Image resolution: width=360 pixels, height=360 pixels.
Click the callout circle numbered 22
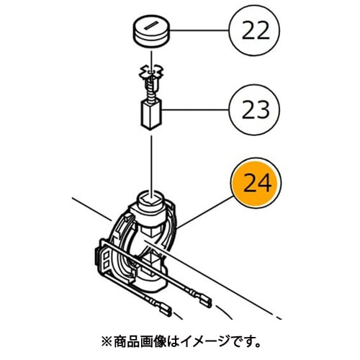[x=254, y=31]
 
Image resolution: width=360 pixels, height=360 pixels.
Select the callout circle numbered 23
[x=254, y=109]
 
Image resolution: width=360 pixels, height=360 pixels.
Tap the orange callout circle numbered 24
[x=256, y=184]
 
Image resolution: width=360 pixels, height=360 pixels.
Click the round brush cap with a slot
[x=151, y=33]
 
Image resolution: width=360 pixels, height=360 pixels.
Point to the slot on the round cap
[x=151, y=26]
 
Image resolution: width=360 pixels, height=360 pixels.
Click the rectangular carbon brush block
[x=151, y=115]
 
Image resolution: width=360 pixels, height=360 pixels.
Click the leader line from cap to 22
[x=199, y=30]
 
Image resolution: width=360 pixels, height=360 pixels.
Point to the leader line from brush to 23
[x=196, y=109]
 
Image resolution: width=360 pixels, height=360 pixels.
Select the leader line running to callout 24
[x=204, y=212]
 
